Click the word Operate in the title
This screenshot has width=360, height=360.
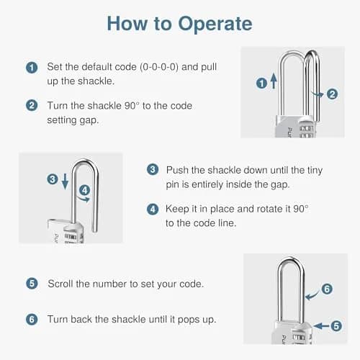tap(215, 24)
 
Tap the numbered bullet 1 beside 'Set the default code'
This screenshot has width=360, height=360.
tap(32, 68)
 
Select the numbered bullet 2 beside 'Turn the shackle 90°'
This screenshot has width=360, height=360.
tap(32, 105)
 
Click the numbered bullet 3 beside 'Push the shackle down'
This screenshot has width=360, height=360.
tap(153, 169)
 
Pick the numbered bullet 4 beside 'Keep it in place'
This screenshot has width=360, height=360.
tap(153, 209)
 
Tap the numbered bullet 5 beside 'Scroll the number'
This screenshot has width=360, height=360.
tap(32, 284)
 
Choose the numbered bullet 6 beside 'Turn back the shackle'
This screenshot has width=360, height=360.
tap(32, 320)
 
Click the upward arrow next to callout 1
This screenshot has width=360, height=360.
tap(274, 81)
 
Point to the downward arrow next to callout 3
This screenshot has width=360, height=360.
tap(65, 181)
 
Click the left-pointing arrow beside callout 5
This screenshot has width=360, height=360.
tap(321, 325)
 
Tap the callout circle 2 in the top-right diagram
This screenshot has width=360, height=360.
tap(333, 94)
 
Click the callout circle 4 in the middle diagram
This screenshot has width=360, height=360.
tap(85, 190)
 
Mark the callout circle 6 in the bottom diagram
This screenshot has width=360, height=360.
tap(327, 289)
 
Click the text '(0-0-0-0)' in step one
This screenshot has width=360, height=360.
tap(159, 67)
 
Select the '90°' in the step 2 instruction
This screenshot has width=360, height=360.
tap(132, 106)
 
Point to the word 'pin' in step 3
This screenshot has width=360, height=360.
tap(172, 185)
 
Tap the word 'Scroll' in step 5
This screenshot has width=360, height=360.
tap(60, 284)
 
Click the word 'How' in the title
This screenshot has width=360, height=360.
tap(127, 24)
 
